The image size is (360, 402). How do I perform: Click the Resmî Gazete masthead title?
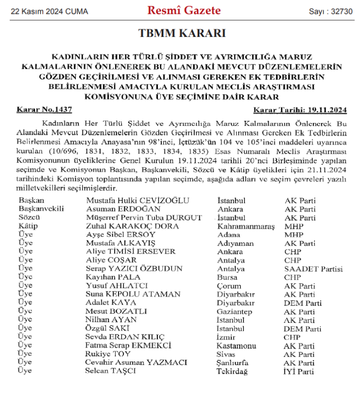[184, 11]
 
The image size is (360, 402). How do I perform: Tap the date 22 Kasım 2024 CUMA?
[43, 11]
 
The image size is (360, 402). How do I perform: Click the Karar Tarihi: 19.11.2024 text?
[300, 110]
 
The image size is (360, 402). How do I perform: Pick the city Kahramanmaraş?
[246, 226]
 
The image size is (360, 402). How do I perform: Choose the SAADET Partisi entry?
[313, 269]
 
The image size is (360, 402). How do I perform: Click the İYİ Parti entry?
[299, 371]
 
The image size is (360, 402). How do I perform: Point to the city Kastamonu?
[237, 346]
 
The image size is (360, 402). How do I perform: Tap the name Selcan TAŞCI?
[110, 371]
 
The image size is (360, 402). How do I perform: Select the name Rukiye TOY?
[108, 354]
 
